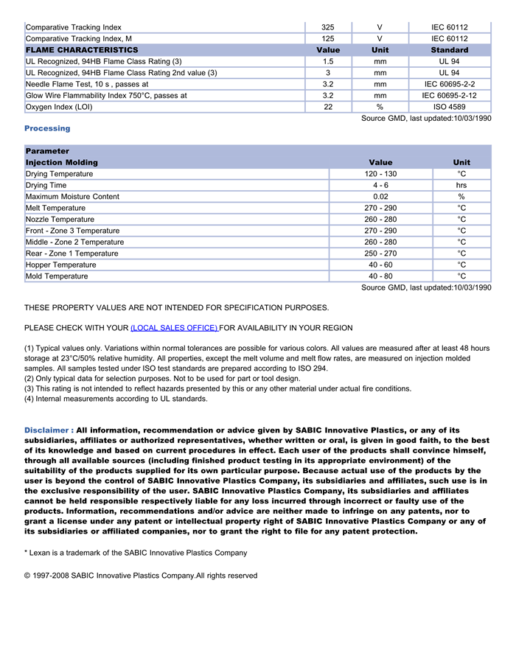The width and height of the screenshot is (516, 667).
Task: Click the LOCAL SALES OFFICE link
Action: point(174,328)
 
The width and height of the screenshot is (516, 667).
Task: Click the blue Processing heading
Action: point(47,128)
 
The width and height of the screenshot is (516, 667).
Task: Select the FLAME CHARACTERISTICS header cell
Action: point(82,50)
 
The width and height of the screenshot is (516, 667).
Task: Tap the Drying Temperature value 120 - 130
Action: point(380,174)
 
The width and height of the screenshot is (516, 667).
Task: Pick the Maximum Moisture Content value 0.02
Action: point(380,197)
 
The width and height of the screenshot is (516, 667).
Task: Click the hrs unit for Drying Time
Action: point(461,186)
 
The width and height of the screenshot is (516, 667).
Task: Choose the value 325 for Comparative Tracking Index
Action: point(328,27)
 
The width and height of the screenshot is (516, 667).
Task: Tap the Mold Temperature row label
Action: point(57,276)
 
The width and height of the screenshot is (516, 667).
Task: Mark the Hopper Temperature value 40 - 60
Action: point(380,265)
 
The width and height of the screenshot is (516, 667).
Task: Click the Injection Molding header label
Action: point(62,162)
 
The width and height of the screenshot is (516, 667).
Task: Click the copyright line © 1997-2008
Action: point(141,576)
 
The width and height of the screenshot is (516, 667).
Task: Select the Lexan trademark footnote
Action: point(136,553)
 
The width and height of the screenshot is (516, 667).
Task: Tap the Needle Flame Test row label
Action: point(87,85)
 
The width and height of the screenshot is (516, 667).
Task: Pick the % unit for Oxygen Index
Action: point(380,107)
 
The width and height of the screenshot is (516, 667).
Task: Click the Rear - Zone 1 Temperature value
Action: point(380,254)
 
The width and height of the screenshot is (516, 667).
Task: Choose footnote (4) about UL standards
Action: point(116,399)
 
